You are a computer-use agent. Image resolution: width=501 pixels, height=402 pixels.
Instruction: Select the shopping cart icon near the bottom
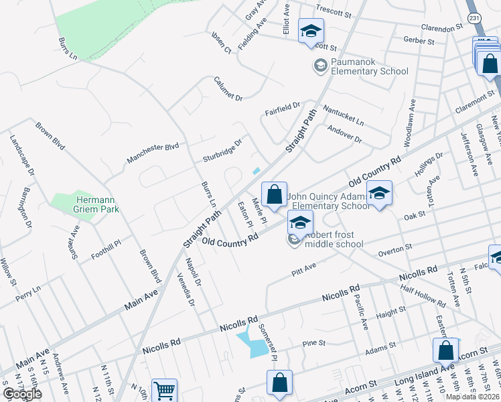coord(164,390)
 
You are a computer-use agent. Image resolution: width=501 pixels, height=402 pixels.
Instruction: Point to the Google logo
coord(22,394)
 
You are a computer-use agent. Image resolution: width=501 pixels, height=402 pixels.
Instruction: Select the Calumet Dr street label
coord(228,88)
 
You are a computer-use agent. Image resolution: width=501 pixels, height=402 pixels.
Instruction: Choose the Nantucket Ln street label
coord(342,115)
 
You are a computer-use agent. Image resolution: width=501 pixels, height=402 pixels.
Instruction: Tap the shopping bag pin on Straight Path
coord(274,194)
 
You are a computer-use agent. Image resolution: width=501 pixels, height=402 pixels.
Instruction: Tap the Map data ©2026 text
coord(472,397)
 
